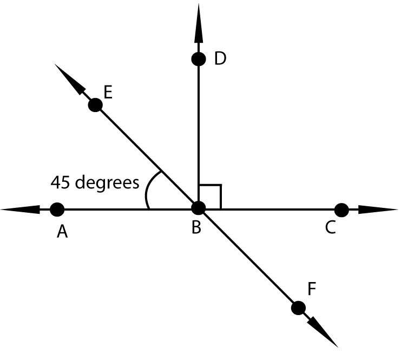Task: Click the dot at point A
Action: pos(57,210)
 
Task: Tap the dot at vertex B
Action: pos(199,208)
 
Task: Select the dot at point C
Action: pos(341,210)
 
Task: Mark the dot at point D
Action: pos(199,59)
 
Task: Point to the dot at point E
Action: pos(95,105)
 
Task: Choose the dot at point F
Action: pos(298,308)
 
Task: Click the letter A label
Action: pos(62,232)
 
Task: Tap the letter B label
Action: pos(196,227)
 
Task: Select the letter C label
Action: pos(331,227)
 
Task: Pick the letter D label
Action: pos(220,58)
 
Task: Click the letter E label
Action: pos(108,92)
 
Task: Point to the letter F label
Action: pos(312,289)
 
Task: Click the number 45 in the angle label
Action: pos(60,182)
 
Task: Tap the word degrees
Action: pos(107,183)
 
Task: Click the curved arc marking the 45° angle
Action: pos(146,194)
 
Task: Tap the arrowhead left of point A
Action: pos(20,210)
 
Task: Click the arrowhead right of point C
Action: pos(378,210)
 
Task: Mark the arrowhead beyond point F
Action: pos(323,332)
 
